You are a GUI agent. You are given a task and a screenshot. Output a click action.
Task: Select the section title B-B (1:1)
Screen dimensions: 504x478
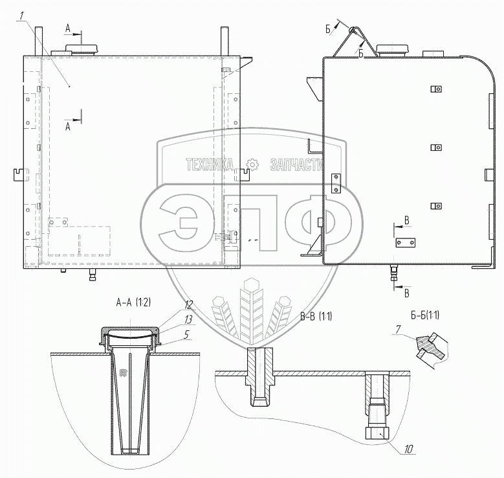[x=316, y=317]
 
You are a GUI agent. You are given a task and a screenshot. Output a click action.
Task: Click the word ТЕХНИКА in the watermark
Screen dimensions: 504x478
[x=210, y=165]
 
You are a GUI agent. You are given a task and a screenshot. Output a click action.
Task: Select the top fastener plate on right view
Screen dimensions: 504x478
[x=435, y=89]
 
